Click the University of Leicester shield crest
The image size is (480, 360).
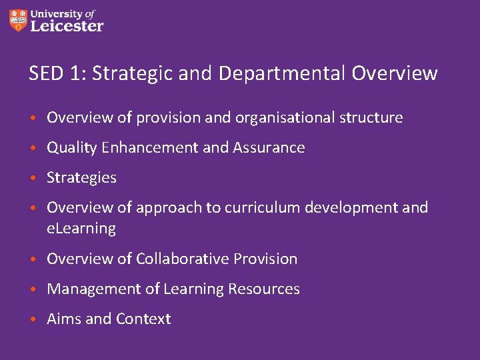(19, 20)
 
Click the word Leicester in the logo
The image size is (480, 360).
(67, 26)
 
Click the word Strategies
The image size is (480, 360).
(81, 178)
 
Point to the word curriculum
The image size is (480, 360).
(262, 208)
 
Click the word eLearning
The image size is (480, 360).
(81, 229)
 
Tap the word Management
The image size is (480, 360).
(88, 289)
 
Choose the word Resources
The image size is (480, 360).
(264, 289)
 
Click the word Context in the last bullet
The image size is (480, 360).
(143, 319)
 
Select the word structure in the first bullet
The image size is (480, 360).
(371, 118)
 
